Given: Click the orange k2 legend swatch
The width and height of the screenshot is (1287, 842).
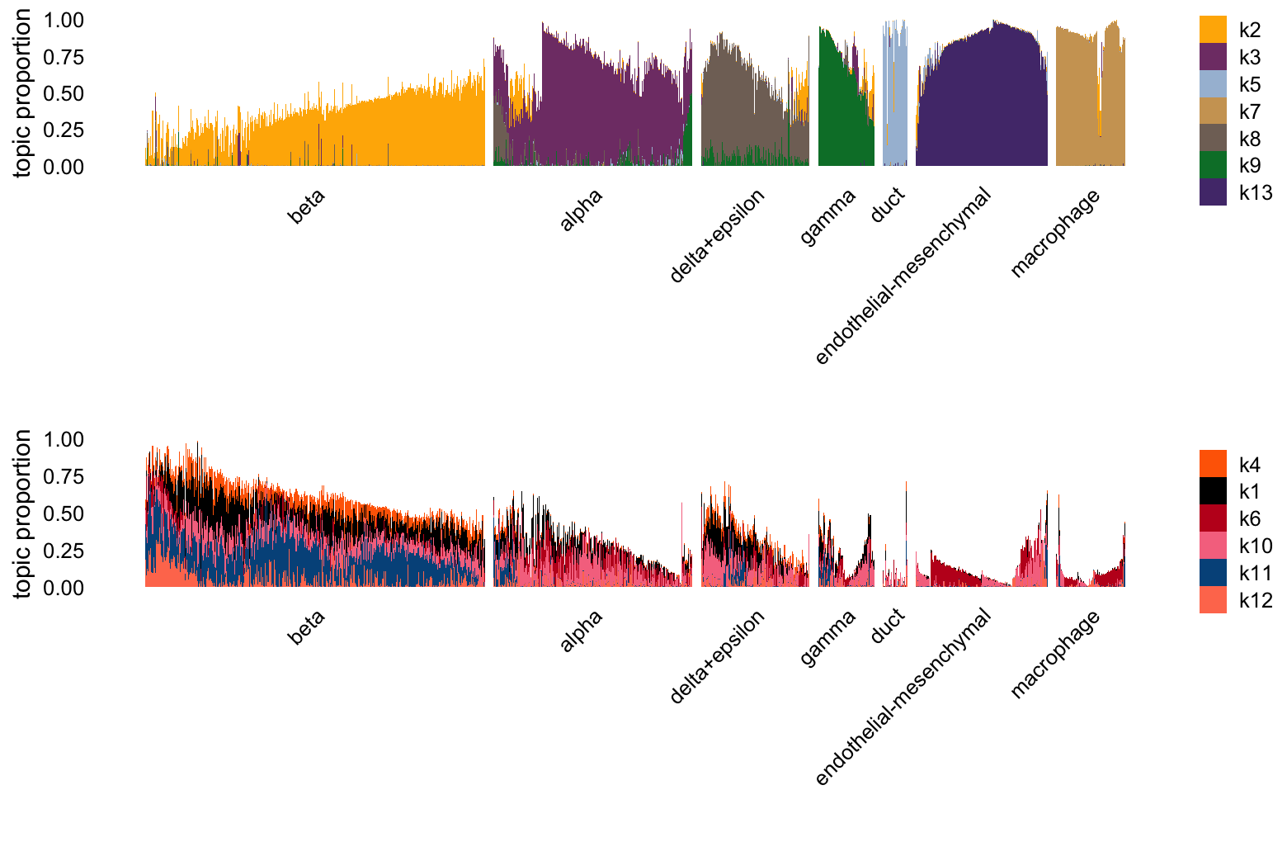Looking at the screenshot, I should [1212, 30].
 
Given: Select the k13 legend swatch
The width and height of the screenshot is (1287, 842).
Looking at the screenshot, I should [1212, 192].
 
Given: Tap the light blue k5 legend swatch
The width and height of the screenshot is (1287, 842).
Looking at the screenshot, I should [1212, 83].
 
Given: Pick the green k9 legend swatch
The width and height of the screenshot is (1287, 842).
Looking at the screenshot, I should [1212, 164].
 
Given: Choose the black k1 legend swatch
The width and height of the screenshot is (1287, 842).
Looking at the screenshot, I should [1212, 491].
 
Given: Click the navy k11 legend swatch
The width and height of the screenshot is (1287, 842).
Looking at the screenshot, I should [1212, 572].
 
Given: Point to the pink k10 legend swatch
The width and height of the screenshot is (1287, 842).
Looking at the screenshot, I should [1212, 545].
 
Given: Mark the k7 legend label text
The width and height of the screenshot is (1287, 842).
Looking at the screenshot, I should [1250, 111].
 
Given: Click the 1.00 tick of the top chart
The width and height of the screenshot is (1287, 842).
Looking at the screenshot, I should [64, 20].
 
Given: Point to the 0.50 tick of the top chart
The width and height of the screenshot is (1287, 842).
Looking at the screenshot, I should [64, 93].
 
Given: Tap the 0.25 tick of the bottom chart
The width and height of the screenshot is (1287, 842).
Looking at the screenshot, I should [64, 551].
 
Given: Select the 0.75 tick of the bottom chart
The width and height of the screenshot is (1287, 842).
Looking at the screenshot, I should [64, 476].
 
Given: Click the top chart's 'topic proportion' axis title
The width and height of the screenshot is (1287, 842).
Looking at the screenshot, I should [22, 93].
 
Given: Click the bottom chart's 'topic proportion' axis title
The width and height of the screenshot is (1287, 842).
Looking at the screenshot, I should [22, 513].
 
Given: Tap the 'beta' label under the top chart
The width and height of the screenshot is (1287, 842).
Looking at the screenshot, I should [306, 206].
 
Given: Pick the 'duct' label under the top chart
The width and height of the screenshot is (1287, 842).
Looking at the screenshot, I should [888, 205].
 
